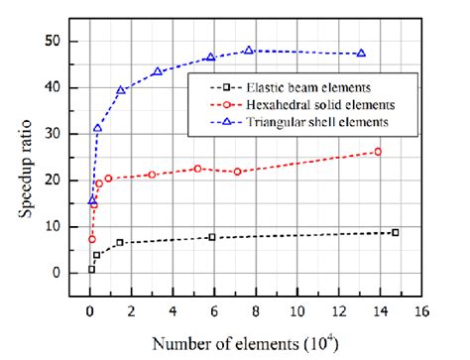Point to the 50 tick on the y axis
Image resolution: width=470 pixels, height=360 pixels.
point(65,42)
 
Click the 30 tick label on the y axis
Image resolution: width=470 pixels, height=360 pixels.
point(65,134)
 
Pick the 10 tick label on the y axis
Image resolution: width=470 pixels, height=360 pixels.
point(65,227)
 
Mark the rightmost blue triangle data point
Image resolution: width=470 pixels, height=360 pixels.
point(361,54)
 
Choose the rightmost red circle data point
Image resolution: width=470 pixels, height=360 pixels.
point(378,152)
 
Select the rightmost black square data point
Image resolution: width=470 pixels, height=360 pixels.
point(396,232)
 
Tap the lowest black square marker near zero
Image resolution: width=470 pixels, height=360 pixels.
point(91,269)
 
